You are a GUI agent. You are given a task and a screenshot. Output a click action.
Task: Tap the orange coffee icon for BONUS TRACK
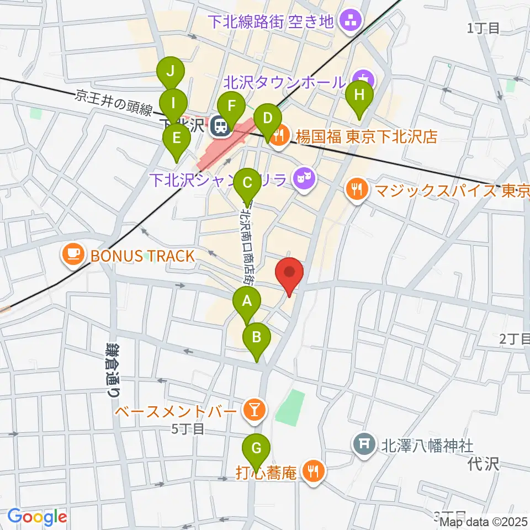pos(73,255)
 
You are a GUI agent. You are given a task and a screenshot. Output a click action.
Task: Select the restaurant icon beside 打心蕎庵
pos(313,472)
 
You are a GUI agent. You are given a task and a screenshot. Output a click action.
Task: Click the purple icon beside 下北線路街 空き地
pos(349,22)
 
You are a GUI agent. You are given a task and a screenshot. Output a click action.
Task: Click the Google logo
pos(37,516)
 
